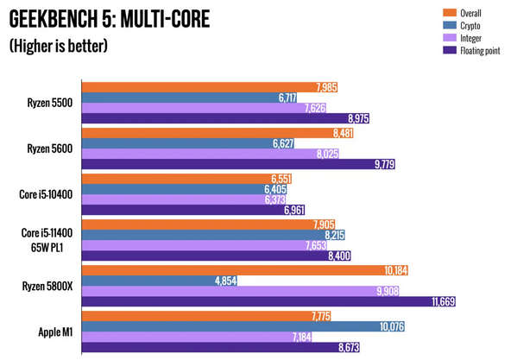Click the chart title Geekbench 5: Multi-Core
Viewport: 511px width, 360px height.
109,17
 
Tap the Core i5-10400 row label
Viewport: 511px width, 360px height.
46,194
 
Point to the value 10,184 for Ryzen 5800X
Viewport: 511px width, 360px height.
392,269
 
